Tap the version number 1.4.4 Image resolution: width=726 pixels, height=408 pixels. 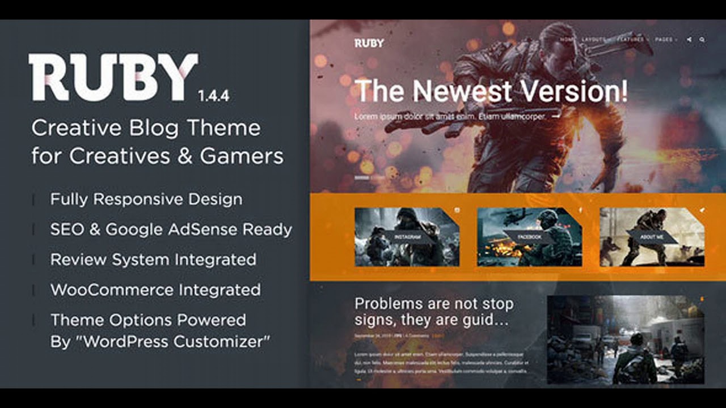pyautogui.click(x=214, y=96)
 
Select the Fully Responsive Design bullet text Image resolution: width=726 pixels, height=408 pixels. pyautogui.click(x=146, y=199)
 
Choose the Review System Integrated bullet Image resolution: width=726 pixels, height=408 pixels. pyautogui.click(x=153, y=260)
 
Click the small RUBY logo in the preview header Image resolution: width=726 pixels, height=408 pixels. pyautogui.click(x=369, y=43)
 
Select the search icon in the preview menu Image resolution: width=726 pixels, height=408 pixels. pyautogui.click(x=702, y=40)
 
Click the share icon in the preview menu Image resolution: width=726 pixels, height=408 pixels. pyautogui.click(x=689, y=40)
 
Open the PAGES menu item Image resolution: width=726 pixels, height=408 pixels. pyautogui.click(x=664, y=40)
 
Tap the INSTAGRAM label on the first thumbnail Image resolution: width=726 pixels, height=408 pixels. pyautogui.click(x=407, y=237)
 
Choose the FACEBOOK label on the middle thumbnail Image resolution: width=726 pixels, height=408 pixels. pyautogui.click(x=529, y=237)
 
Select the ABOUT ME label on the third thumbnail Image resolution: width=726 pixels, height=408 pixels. pyautogui.click(x=652, y=237)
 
